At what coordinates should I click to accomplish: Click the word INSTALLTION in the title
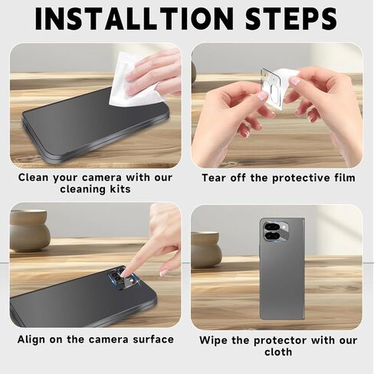(134, 19)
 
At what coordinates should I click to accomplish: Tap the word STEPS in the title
(291, 19)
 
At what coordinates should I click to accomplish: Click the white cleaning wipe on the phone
(133, 80)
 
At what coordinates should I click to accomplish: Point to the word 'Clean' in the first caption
(33, 177)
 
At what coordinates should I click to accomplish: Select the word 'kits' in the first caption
(120, 189)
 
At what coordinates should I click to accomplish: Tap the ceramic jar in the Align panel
(29, 231)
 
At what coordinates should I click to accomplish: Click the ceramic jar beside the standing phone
(205, 250)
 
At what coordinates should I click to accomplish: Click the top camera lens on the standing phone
(271, 227)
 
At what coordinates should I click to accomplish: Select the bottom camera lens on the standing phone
(271, 237)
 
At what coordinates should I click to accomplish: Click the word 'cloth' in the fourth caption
(278, 352)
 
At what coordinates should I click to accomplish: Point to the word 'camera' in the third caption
(108, 340)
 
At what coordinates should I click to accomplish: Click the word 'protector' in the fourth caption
(280, 341)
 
